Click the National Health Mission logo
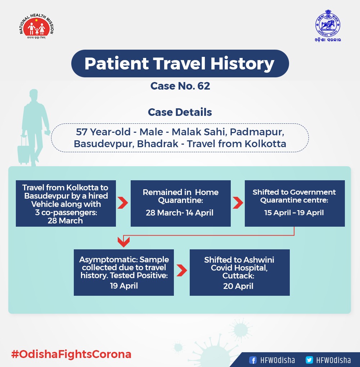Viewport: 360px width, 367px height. [36, 28]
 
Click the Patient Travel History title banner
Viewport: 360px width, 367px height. [180, 64]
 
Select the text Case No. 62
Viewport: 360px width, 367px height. [180, 86]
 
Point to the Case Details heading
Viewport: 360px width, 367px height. [180, 112]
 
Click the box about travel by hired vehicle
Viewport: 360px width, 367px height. [66, 203]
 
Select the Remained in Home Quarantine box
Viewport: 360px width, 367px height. [180, 203]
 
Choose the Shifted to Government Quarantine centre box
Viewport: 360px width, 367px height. [294, 203]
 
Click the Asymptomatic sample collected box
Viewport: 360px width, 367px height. [124, 272]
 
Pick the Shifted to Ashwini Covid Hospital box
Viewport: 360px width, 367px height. [239, 272]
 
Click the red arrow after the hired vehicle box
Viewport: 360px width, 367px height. [123, 203]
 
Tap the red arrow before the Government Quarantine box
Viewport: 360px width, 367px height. [238, 203]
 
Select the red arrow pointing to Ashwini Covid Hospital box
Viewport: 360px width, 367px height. [182, 271]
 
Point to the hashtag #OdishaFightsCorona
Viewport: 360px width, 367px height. [71, 354]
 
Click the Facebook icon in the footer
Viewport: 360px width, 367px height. [253, 360]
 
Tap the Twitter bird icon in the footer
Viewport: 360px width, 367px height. [309, 360]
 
